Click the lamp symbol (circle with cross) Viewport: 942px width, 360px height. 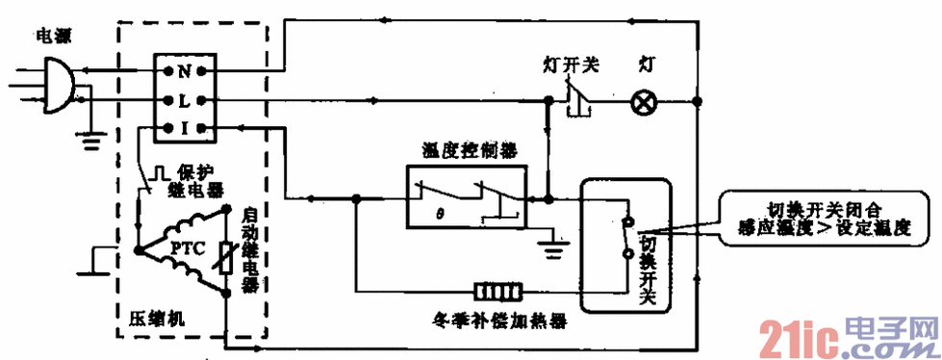point(643,101)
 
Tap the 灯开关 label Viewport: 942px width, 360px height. point(572,64)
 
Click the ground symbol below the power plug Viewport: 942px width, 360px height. point(91,140)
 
